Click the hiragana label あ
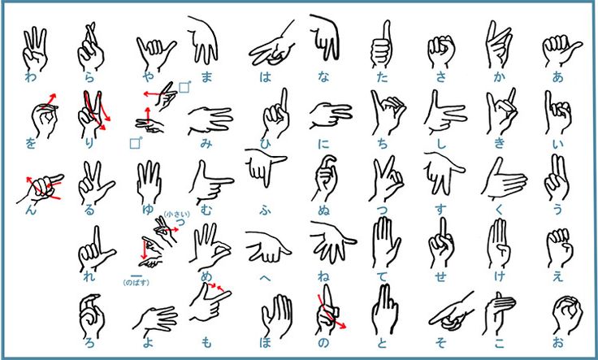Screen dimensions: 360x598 pos(557,77)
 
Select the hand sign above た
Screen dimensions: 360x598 pos(380,46)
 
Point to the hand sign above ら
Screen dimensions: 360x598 pos(89,46)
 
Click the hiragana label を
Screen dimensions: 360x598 pos(30,145)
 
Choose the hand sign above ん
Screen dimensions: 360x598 pos(43,188)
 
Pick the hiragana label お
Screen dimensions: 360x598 pos(557,342)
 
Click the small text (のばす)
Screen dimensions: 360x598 pos(136,282)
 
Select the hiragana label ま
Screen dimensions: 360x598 pos(206,77)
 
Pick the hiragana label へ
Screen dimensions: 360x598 pos(265,276)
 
